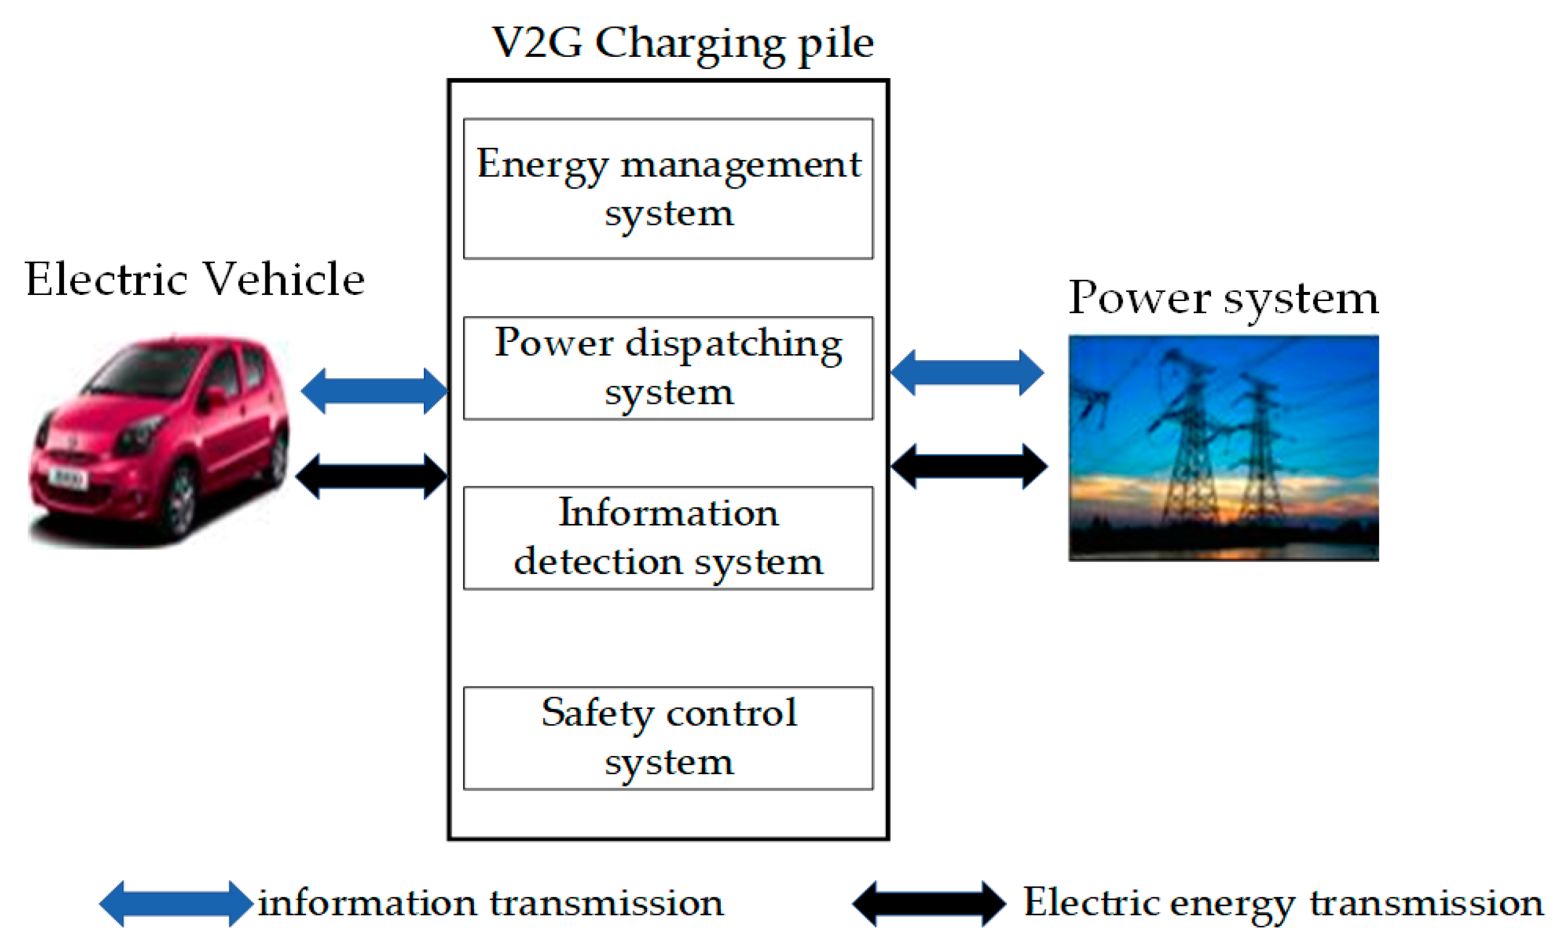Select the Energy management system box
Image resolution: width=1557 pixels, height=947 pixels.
(668, 189)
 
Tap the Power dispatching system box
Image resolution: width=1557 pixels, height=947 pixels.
(668, 368)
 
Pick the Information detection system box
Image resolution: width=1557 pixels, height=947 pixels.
(668, 538)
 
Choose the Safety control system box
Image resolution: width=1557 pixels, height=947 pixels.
(668, 738)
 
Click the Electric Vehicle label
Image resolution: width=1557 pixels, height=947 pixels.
(195, 279)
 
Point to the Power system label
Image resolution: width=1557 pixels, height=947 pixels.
(1223, 297)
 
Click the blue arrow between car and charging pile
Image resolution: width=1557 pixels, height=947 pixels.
(374, 390)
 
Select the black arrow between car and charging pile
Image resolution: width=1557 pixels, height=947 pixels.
(371, 476)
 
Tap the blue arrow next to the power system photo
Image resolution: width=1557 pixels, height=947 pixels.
(967, 373)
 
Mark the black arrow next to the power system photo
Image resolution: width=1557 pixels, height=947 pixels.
(969, 466)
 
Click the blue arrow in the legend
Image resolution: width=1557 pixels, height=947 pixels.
(176, 903)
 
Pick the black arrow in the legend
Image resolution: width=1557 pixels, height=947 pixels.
(929, 903)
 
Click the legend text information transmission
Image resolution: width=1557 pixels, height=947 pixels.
(490, 903)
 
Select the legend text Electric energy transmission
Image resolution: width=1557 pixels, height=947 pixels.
(1282, 903)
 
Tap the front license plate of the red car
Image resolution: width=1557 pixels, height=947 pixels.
(68, 477)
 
